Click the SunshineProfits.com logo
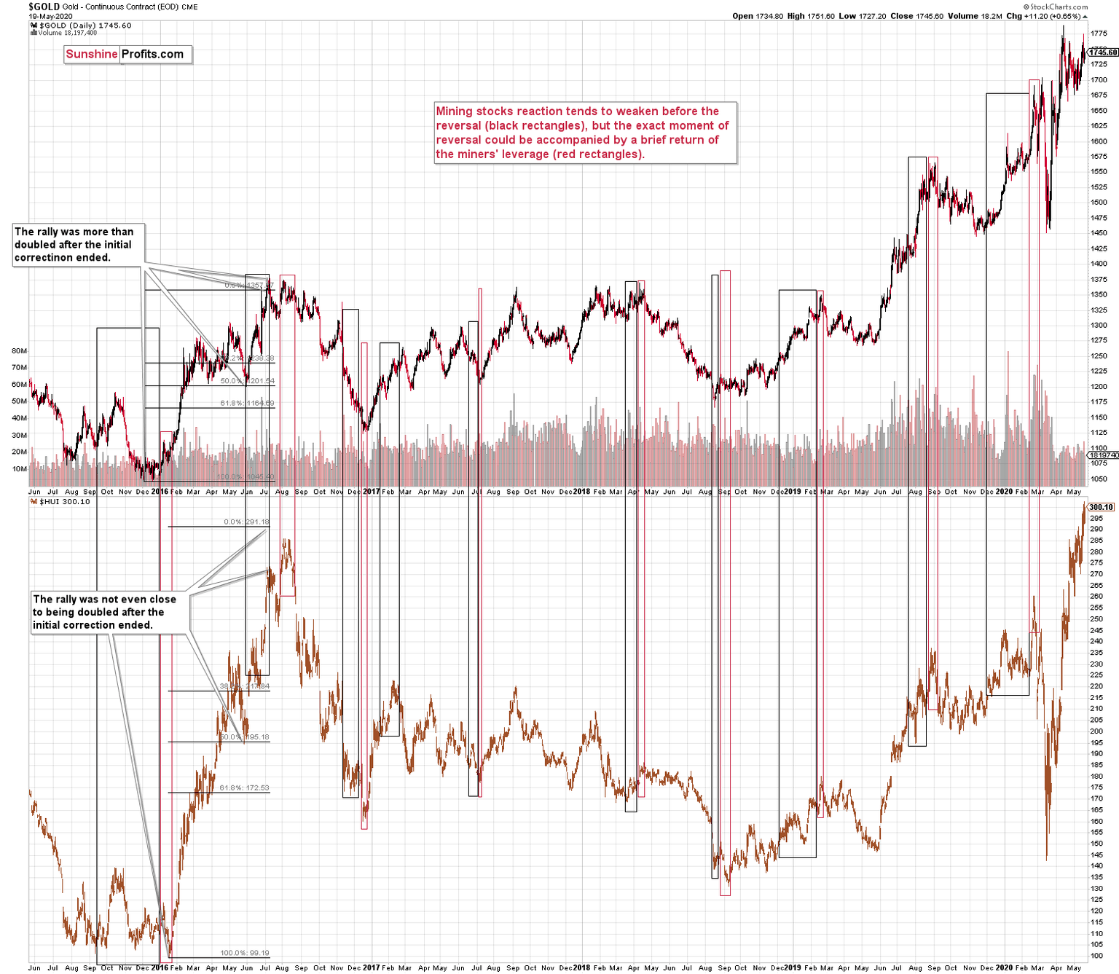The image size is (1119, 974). tap(127, 54)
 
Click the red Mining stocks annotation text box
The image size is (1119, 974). tap(585, 133)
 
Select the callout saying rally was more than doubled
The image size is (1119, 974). tap(78, 245)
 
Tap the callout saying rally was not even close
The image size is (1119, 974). tap(109, 612)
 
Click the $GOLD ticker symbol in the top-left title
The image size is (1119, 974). tap(44, 7)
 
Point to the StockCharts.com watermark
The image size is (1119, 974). tap(1055, 7)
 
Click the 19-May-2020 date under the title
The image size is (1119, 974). tap(50, 16)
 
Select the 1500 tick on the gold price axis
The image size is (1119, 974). tap(1098, 203)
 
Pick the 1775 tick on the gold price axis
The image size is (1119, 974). tap(1098, 34)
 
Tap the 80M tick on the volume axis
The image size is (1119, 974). tap(20, 350)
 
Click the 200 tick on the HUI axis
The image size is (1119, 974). tap(1096, 731)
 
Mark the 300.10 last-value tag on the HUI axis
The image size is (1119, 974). tap(1101, 507)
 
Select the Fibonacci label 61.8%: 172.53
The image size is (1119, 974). tap(244, 788)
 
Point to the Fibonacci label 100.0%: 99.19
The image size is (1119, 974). tap(244, 953)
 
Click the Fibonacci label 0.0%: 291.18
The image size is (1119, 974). tap(246, 522)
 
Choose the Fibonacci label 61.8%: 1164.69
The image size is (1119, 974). tap(247, 403)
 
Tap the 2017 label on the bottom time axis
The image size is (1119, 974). tap(372, 967)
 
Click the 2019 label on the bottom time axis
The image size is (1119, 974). tap(792, 967)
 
